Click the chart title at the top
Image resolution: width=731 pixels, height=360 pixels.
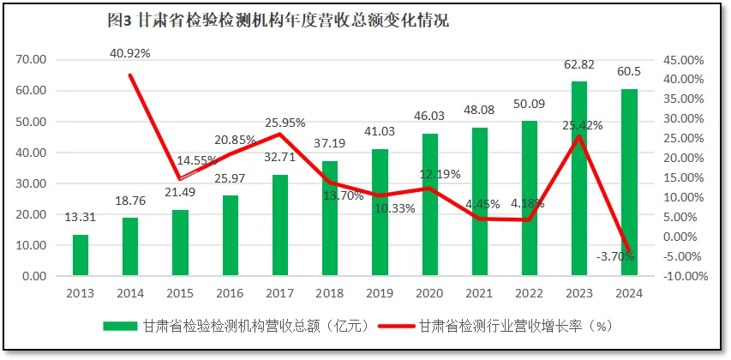pyautogui.click(x=274, y=21)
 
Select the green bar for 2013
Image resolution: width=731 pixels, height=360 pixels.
pyautogui.click(x=80, y=255)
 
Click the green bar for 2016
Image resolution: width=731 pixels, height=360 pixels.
pyautogui.click(x=230, y=236)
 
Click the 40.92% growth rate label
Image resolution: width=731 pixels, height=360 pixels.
pyautogui.click(x=130, y=53)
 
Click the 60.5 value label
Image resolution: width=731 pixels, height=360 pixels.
pyautogui.click(x=629, y=71)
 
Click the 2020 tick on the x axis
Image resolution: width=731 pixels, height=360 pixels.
pyautogui.click(x=429, y=293)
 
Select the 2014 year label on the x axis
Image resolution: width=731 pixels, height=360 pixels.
pyautogui.click(x=129, y=293)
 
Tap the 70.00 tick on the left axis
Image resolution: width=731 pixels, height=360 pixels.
pyautogui.click(x=30, y=60)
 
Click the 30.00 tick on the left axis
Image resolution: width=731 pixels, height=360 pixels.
pyautogui.click(x=30, y=183)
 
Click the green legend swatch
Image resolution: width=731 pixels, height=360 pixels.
pyautogui.click(x=120, y=326)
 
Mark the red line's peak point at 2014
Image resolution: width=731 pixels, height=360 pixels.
pyautogui.click(x=129, y=75)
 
